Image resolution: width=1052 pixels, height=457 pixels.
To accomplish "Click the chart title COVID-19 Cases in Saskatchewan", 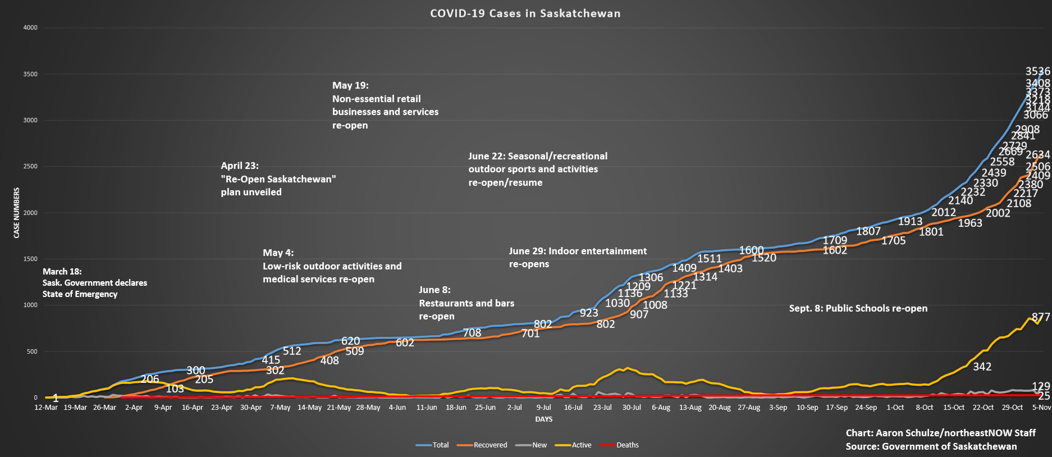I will tap(525, 13).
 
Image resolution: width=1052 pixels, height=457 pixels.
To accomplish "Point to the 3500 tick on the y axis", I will tap(30, 74).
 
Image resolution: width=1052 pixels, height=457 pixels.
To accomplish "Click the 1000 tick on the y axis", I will tap(30, 305).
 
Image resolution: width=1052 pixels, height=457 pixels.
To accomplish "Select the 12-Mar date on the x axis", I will tap(46, 408).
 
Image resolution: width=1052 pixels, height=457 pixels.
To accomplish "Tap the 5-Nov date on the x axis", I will tap(1041, 408).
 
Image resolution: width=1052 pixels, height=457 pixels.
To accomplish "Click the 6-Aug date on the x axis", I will tap(661, 408).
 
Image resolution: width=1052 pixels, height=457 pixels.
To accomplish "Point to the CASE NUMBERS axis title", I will tap(17, 213).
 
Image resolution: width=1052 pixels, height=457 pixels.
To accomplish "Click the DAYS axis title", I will tap(543, 419).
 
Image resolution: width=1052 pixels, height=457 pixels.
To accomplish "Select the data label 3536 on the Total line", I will tap(1037, 71).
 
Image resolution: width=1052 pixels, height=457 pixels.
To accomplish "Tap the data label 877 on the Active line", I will tap(1041, 317).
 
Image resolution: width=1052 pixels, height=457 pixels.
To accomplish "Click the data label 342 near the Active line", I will tap(982, 367).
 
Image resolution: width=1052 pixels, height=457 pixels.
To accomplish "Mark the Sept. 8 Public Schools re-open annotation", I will tap(858, 308).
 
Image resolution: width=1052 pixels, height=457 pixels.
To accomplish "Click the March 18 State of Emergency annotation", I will tap(94, 282).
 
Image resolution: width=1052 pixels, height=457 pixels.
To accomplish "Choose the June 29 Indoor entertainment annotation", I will tap(577, 257).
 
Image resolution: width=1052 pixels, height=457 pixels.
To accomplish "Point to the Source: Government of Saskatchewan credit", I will tap(931, 446).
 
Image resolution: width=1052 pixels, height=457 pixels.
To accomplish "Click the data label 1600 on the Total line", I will tap(751, 250).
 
